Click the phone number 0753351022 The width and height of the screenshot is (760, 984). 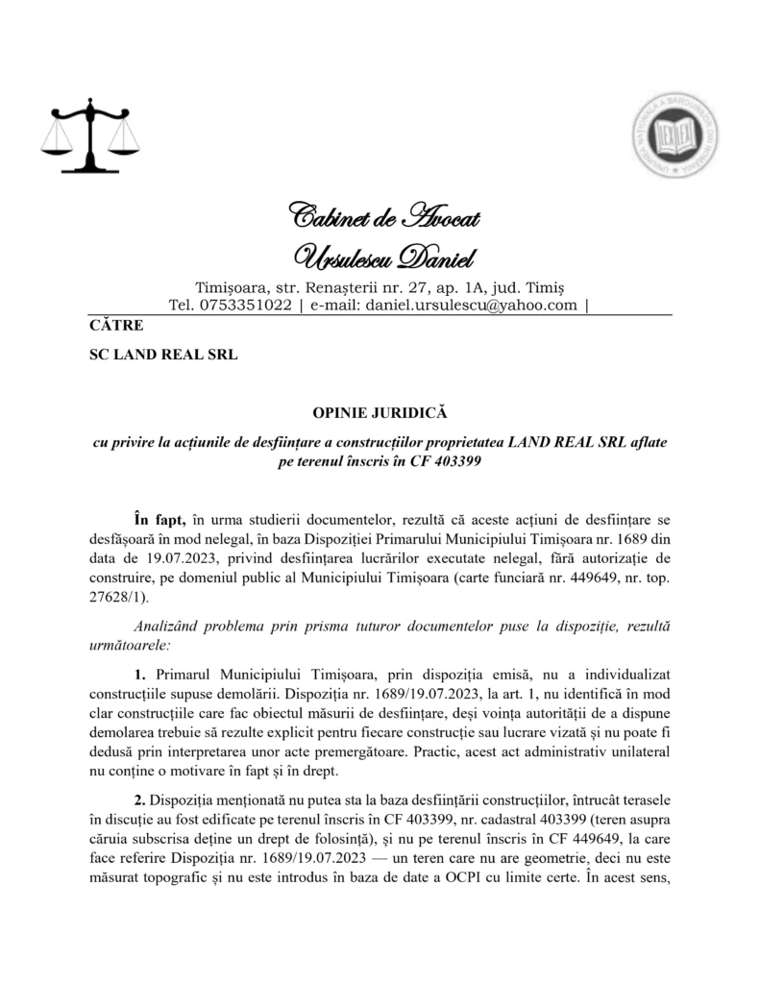[x=245, y=306]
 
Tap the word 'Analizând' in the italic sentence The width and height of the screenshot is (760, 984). [x=169, y=625]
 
